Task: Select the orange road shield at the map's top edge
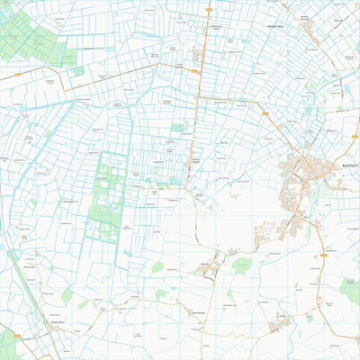click(208, 10)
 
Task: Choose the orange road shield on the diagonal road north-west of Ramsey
click(265, 112)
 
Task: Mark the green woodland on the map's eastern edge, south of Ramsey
click(351, 290)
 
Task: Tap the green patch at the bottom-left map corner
click(7, 345)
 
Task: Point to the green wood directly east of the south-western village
click(240, 265)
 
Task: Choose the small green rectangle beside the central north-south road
click(178, 128)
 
